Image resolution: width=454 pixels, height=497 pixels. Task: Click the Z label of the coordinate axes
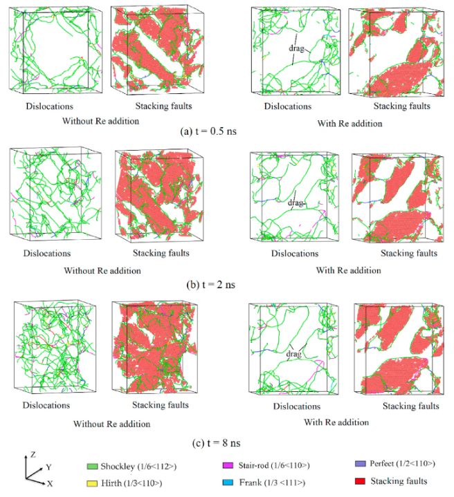(33, 455)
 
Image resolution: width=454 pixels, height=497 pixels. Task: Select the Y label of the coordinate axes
(48, 467)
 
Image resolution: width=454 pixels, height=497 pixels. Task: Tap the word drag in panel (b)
(296, 203)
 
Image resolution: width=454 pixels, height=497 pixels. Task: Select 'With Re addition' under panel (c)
(336, 422)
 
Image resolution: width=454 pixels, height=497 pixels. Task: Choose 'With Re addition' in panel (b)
(348, 270)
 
